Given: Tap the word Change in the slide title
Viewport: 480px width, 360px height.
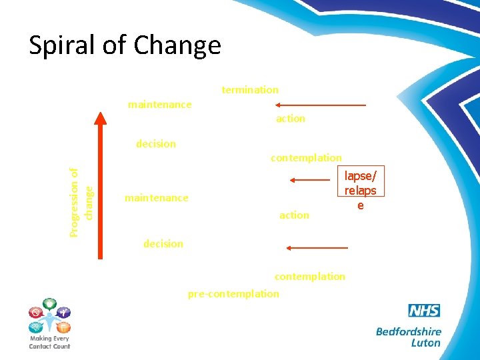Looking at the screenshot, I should [x=177, y=45].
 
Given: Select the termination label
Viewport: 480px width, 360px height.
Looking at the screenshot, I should [x=250, y=89].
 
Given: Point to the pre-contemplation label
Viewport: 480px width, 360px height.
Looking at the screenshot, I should [x=233, y=294].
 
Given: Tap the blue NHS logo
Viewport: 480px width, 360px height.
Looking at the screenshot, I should [x=424, y=311].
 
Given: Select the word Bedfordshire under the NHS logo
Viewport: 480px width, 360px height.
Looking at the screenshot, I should [x=408, y=331].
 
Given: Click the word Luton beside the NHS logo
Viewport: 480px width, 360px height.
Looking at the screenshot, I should [x=425, y=343].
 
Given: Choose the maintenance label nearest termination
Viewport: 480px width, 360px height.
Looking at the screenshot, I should [x=159, y=105].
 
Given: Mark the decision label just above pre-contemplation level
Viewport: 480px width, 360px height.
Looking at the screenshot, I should [x=163, y=244].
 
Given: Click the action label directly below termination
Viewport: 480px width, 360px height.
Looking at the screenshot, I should [x=291, y=119].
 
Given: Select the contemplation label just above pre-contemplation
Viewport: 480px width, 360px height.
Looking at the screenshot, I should [x=310, y=276].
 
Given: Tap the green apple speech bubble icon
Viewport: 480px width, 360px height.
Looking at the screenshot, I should [x=50, y=304].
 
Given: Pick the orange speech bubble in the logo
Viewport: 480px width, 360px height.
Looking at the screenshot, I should [x=63, y=327].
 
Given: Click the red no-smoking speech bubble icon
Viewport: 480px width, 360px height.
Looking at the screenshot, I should [x=35, y=311].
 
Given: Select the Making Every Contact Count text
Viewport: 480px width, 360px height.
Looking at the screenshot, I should [x=49, y=342].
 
